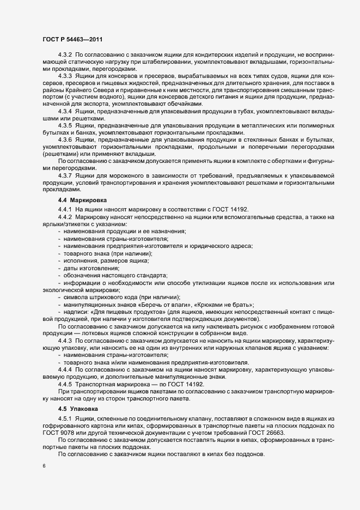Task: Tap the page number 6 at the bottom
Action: point(44,467)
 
